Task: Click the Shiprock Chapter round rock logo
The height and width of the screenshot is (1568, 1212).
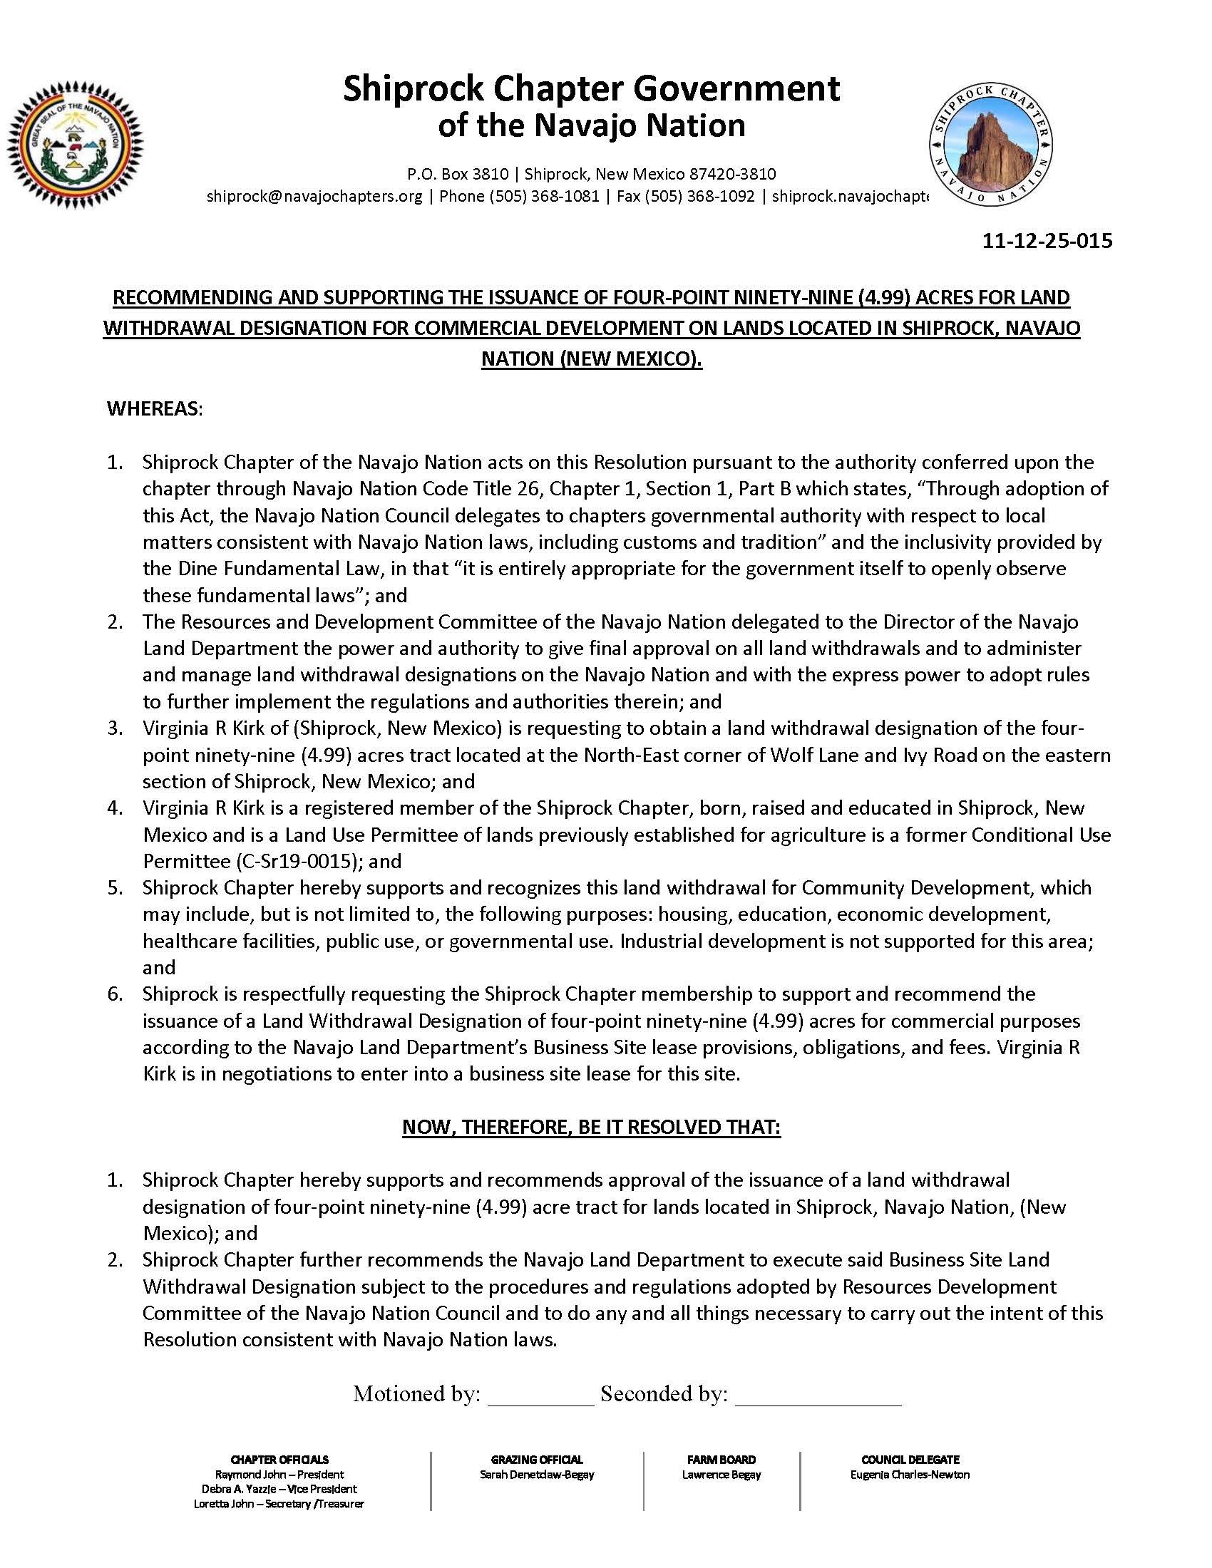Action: (990, 145)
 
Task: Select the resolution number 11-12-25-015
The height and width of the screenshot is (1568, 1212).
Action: (1047, 240)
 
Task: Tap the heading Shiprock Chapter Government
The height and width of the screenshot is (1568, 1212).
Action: (591, 89)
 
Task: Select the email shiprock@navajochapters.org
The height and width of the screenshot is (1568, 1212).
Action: (314, 196)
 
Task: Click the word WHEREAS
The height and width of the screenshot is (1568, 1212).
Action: (155, 409)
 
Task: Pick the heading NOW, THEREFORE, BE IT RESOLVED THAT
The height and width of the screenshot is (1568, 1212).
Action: (591, 1128)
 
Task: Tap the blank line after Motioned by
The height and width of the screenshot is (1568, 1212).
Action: (540, 1395)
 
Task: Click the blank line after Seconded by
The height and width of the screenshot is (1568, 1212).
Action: (818, 1395)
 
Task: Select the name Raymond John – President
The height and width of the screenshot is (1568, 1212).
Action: (279, 1475)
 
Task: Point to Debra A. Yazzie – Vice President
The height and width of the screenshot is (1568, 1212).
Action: (279, 1489)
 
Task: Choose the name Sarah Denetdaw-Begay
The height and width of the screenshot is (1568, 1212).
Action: (537, 1475)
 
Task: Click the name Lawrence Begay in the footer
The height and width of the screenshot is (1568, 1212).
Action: (721, 1475)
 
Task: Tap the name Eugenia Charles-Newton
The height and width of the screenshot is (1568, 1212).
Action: (910, 1475)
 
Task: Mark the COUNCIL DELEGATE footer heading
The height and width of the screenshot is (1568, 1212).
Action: (910, 1460)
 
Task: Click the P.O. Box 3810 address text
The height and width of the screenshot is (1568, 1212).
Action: (458, 174)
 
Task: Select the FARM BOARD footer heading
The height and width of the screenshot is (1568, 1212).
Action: (721, 1460)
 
